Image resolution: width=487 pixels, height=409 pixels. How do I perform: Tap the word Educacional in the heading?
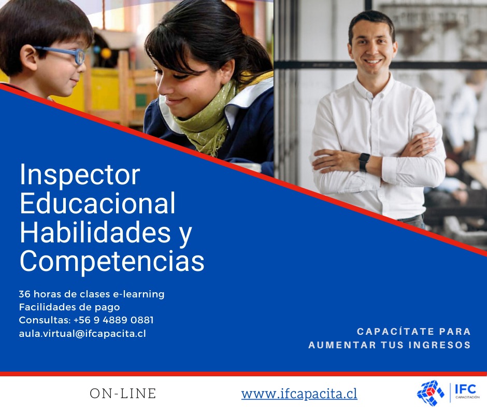pyautogui.click(x=97, y=203)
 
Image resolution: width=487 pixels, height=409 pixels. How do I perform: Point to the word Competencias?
pyautogui.click(x=112, y=261)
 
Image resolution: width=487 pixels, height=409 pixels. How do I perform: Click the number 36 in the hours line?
pyautogui.click(x=24, y=294)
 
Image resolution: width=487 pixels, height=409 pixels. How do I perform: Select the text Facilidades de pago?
pyautogui.click(x=69, y=307)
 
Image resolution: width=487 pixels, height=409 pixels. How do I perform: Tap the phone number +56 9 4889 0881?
pyautogui.click(x=113, y=320)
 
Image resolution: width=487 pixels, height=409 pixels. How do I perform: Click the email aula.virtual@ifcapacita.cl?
pyautogui.click(x=82, y=333)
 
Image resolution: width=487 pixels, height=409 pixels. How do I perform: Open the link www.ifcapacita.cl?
pyautogui.click(x=299, y=394)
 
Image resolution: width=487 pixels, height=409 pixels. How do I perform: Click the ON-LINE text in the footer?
pyautogui.click(x=123, y=393)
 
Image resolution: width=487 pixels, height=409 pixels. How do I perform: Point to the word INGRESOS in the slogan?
pyautogui.click(x=440, y=345)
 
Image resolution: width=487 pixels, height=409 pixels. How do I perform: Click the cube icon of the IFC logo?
pyautogui.click(x=431, y=393)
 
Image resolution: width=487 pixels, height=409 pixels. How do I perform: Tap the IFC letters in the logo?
pyautogui.click(x=465, y=389)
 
